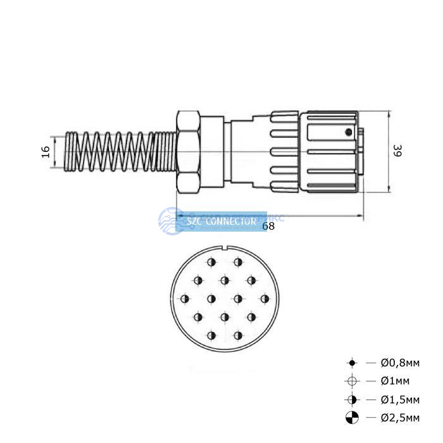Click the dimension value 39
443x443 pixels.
(x=397, y=151)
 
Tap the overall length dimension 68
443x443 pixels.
(x=268, y=226)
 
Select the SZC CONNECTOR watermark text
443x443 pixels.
(x=221, y=222)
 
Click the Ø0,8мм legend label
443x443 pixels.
(x=400, y=363)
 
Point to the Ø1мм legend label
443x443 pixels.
(x=395, y=381)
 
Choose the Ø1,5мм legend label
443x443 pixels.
(x=400, y=400)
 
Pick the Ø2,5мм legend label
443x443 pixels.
(x=400, y=418)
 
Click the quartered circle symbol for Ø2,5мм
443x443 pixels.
(x=353, y=418)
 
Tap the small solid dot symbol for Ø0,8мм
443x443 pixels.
(x=353, y=363)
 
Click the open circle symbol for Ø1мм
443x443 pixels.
(x=353, y=381)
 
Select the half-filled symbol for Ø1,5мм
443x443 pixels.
(x=353, y=400)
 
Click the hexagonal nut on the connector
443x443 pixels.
(x=189, y=152)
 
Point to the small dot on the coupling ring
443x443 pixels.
(x=347, y=132)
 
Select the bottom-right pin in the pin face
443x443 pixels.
(x=239, y=335)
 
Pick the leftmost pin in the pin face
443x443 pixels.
(x=185, y=298)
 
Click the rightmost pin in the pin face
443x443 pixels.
(x=265, y=298)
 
